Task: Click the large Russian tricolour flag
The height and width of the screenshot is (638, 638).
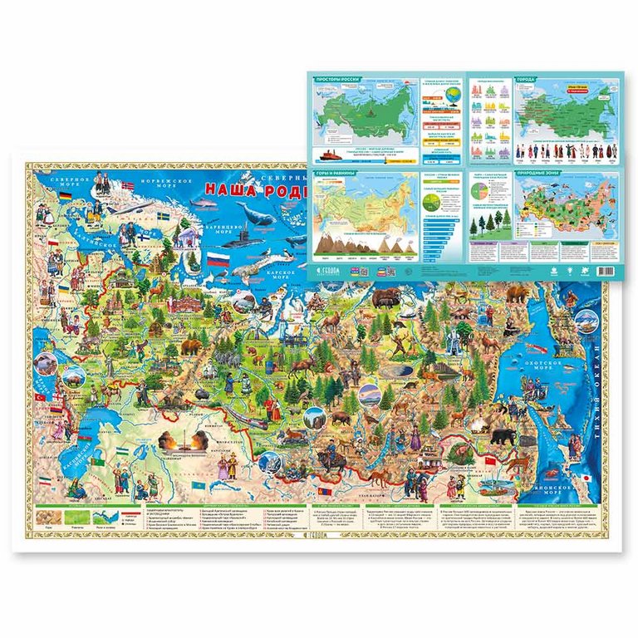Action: pos(218,260)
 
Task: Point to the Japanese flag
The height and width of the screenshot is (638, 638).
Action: pos(584,478)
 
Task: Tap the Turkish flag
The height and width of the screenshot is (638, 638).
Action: pos(40,399)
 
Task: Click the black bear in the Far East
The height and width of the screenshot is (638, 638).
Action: pos(502,436)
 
